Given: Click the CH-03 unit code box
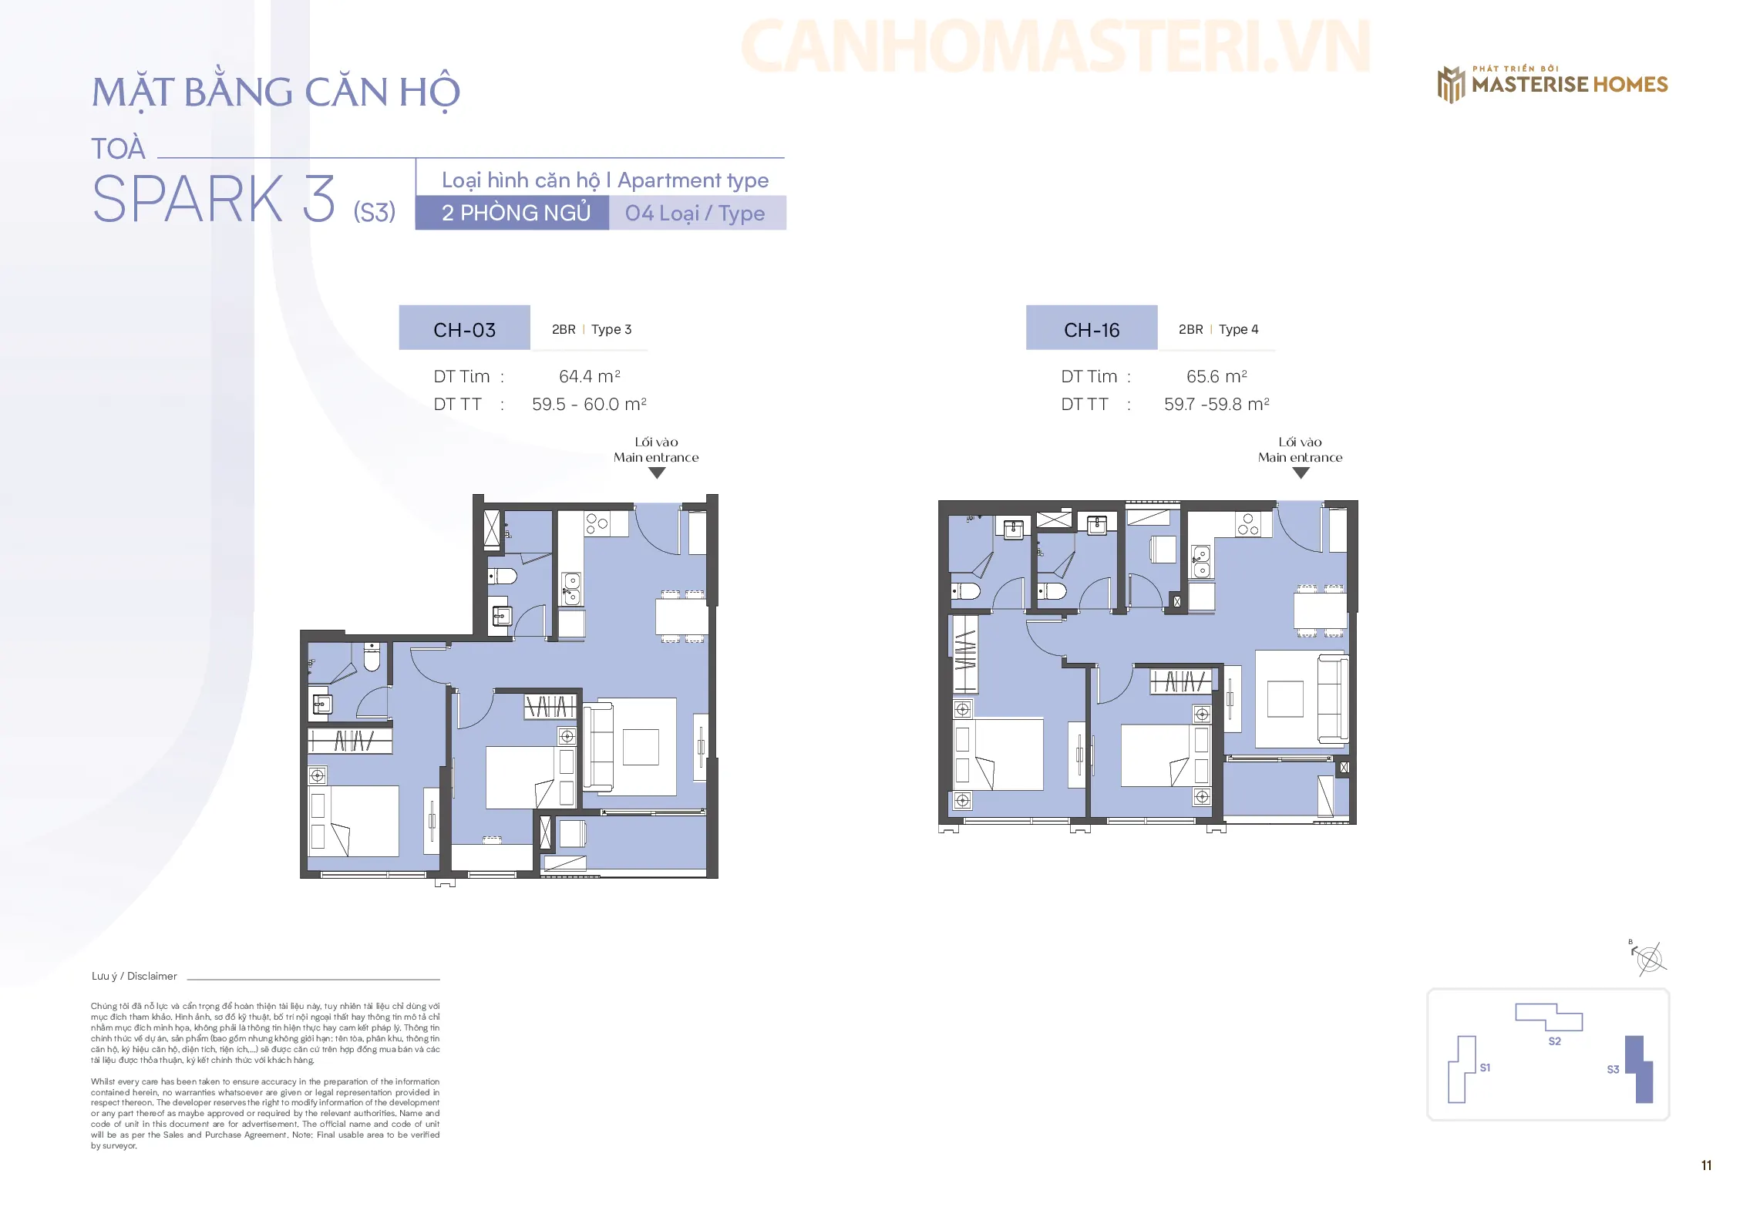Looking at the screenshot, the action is coord(464,328).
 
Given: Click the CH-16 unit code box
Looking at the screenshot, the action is coord(1092,328).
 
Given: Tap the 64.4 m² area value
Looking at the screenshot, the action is coord(590,376).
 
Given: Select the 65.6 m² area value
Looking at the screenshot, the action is coord(1217,376).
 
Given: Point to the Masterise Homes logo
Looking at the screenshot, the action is coord(1552,83).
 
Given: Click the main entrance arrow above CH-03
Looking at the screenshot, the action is coord(657,473).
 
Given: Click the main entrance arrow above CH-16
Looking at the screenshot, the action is coord(1301,473).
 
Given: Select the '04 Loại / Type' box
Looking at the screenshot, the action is coord(697,213).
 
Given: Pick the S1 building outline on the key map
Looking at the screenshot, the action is coord(1462,1070).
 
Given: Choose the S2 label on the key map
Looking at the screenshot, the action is coord(1554,1041).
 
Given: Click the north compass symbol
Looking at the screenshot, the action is coord(1649,958).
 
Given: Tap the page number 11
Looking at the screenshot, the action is coord(1706,1165).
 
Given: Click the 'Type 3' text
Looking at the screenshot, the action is coord(611,329).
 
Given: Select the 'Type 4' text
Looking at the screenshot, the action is coord(1239,329).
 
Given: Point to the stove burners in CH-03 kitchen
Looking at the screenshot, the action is coord(597,523).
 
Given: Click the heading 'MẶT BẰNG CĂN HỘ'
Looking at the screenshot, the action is coord(276,92).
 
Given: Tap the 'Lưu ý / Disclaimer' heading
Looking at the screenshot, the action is coord(134,976).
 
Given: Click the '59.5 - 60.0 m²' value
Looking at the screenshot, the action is coord(589,404).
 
